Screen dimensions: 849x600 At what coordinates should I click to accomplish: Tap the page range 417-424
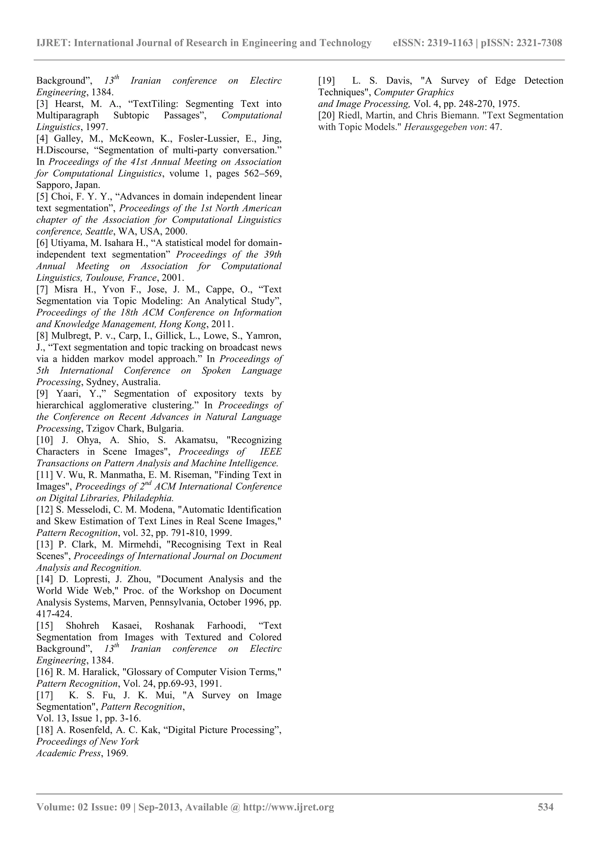click(x=54, y=614)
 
